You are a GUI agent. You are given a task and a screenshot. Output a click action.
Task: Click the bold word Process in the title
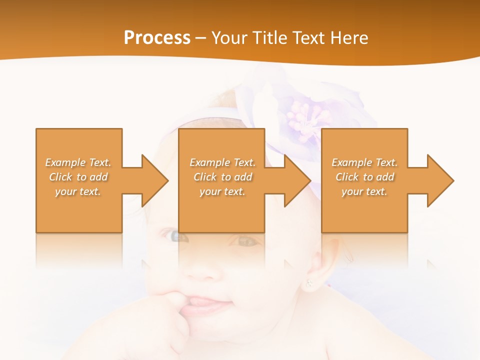[157, 38]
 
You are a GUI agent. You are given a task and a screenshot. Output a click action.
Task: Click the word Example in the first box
[65, 162]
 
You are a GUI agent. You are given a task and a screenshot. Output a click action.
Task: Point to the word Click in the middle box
[204, 177]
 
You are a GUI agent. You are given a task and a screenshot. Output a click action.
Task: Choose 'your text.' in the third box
[364, 191]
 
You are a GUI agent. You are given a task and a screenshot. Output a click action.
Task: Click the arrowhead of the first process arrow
[155, 180]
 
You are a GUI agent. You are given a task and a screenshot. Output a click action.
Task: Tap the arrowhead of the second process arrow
[297, 180]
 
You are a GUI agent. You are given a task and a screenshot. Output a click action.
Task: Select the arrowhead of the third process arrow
[440, 180]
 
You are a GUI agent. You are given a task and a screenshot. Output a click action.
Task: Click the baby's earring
[309, 284]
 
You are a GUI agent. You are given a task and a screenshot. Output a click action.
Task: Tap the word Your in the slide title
[228, 38]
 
